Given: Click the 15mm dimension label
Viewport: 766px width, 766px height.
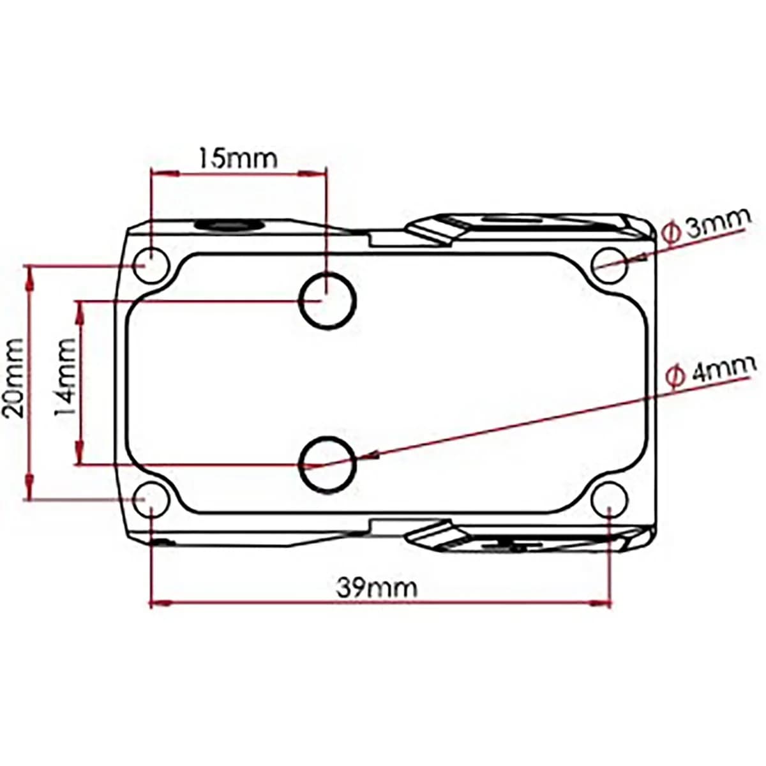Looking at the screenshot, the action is tap(237, 158).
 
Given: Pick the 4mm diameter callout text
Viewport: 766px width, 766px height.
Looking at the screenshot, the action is tap(710, 372).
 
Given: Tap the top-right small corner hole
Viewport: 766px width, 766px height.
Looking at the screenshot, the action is tap(610, 265).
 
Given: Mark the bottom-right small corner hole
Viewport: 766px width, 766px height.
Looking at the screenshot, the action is tap(610, 500).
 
